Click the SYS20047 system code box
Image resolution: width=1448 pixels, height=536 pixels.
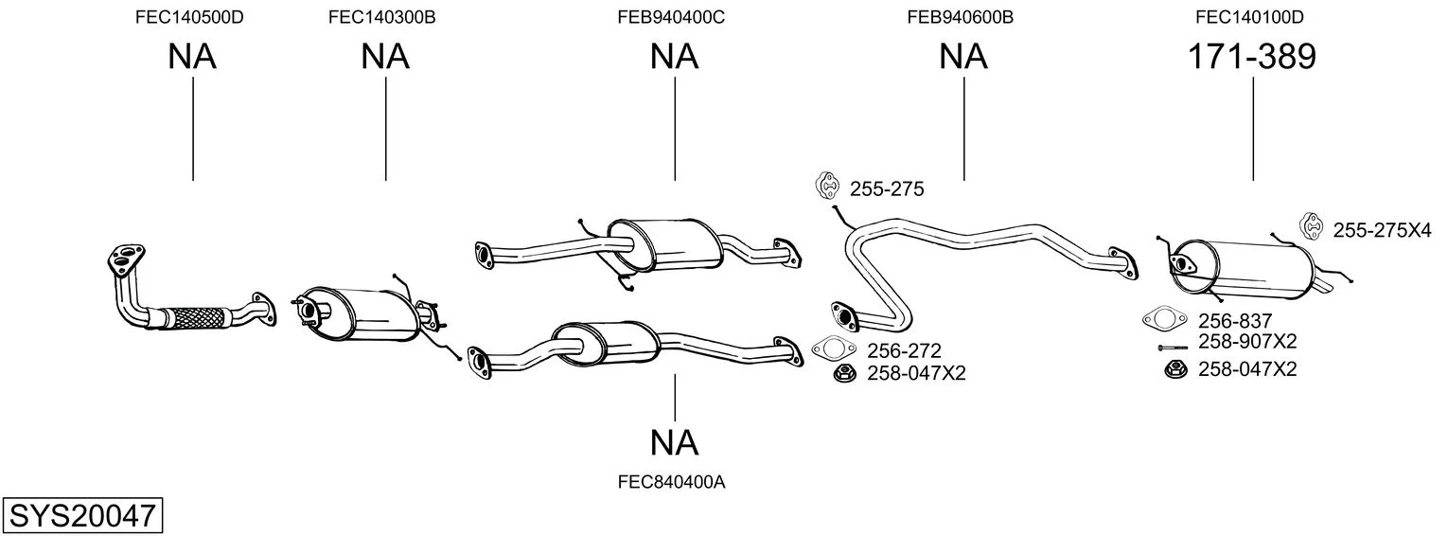coord(82,515)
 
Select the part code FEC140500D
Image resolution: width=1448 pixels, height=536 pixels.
coord(189,17)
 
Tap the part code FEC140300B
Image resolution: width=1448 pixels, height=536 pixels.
coord(382,17)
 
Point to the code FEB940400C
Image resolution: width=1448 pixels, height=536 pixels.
coord(671,17)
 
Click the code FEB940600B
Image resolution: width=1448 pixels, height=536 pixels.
coord(960,17)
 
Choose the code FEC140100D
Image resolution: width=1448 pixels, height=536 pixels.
coord(1249,17)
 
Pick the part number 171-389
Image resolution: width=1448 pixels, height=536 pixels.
coord(1252,57)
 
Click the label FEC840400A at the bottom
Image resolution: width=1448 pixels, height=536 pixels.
coord(671,482)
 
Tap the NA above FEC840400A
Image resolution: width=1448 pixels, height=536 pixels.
coord(674,443)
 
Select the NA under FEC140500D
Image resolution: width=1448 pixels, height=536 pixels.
coord(192,57)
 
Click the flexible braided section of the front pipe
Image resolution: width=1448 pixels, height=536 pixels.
coord(197,317)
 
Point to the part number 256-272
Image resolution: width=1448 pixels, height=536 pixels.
coord(904,350)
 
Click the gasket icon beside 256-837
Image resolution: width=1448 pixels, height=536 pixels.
coord(1165,318)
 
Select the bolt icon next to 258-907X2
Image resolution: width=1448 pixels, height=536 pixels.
coord(1173,348)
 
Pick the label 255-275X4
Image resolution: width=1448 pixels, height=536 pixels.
coord(1382,230)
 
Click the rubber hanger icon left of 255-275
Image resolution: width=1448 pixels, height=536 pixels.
coord(827,186)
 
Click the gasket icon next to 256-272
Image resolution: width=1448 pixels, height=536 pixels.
coord(834,348)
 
